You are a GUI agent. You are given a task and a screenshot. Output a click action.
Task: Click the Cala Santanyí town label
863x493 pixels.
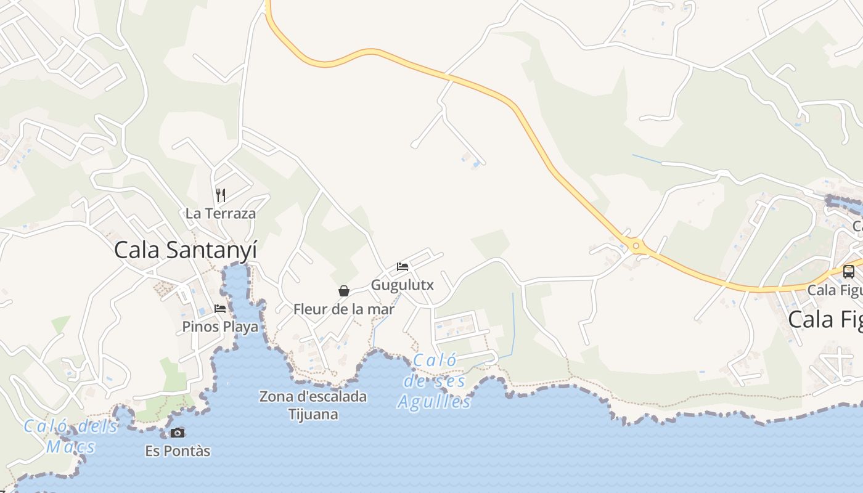(x=186, y=250)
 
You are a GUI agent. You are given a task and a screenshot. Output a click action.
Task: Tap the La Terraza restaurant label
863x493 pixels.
(x=220, y=214)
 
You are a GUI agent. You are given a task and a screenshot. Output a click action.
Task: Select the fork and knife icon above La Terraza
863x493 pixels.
(x=220, y=195)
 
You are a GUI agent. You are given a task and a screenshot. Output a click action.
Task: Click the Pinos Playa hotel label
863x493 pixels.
(x=220, y=327)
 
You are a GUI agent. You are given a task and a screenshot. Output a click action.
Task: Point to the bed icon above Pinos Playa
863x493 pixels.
(x=220, y=308)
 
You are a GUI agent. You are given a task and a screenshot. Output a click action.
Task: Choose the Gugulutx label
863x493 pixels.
(x=403, y=285)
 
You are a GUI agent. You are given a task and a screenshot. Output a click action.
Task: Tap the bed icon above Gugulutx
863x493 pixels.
(x=403, y=267)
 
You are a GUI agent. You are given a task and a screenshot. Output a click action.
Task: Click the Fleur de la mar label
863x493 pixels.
(x=343, y=309)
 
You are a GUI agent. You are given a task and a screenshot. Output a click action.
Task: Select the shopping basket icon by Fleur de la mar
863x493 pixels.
(x=343, y=291)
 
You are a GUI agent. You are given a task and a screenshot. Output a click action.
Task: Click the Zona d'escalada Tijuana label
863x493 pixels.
(x=313, y=405)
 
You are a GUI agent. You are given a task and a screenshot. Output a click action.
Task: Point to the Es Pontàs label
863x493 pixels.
(x=178, y=451)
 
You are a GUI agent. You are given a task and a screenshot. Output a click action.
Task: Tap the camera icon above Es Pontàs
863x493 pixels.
(x=178, y=433)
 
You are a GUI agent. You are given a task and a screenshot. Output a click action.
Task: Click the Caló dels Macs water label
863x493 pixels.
(x=71, y=436)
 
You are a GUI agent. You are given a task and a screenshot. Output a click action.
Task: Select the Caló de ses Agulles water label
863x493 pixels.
(x=435, y=381)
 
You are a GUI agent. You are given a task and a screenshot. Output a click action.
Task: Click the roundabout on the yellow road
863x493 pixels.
(x=636, y=246)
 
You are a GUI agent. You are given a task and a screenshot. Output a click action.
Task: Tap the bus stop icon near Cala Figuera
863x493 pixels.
(x=848, y=271)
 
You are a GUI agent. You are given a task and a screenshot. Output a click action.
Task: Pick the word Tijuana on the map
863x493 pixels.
(x=313, y=414)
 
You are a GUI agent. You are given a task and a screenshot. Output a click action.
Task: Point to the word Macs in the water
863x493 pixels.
(x=71, y=446)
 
